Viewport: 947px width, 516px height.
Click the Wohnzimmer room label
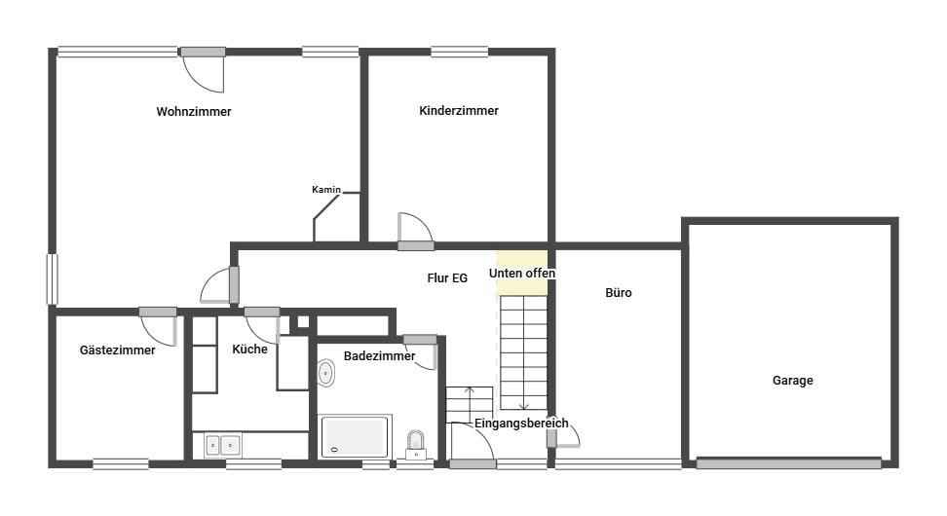point(194,112)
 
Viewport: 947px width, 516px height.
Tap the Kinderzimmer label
point(459,110)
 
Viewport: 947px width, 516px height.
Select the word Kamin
point(326,190)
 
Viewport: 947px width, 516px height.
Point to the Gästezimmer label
point(117,350)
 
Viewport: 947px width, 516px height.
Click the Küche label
point(249,349)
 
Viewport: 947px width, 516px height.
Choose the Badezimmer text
point(379,356)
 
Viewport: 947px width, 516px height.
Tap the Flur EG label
point(447,278)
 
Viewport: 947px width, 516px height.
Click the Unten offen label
point(522,274)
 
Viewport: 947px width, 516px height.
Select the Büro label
point(619,293)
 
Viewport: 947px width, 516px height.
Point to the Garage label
point(792,381)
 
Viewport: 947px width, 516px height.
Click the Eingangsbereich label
point(521,424)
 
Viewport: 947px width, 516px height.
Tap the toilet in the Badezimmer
point(415,445)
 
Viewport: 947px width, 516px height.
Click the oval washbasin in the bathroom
point(325,373)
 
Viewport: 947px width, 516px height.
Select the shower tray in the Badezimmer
point(355,436)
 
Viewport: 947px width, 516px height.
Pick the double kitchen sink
point(223,445)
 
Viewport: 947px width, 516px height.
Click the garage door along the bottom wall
point(788,463)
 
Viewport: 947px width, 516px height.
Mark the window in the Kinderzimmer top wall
point(460,53)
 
